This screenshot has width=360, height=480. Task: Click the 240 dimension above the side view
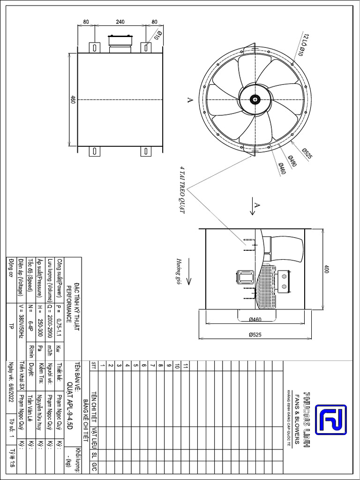click(121, 22)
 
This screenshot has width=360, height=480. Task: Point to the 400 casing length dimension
click(327, 269)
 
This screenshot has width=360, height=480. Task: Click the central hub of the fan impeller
click(255, 99)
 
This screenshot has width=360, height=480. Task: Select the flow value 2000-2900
click(50, 326)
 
